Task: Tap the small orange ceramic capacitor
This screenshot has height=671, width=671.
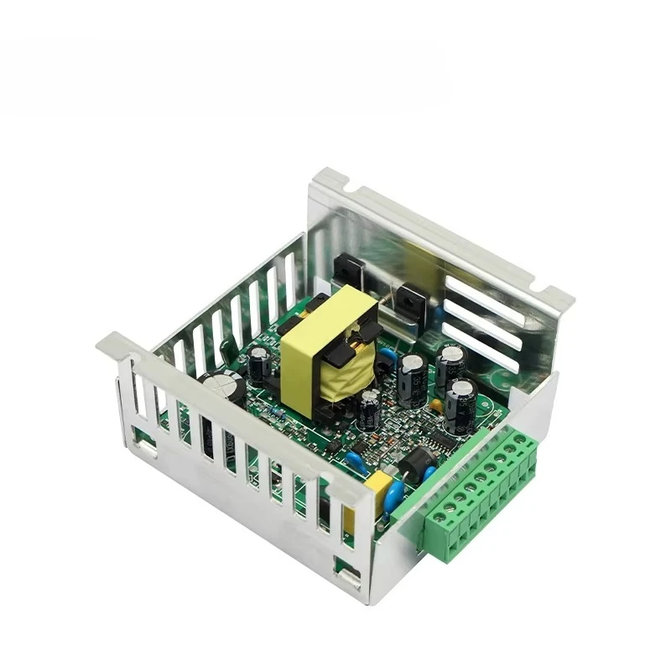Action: pyautogui.click(x=436, y=406)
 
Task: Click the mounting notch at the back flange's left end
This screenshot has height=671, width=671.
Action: pyautogui.click(x=332, y=177)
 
